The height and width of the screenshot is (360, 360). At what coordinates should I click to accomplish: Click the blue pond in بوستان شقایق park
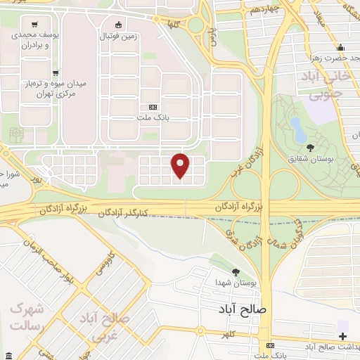pyautogui.click(x=298, y=129)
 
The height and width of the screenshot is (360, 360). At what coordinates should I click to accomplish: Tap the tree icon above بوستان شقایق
pyautogui.click(x=310, y=148)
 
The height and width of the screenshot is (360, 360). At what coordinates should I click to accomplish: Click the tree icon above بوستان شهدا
pyautogui.click(x=236, y=271)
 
